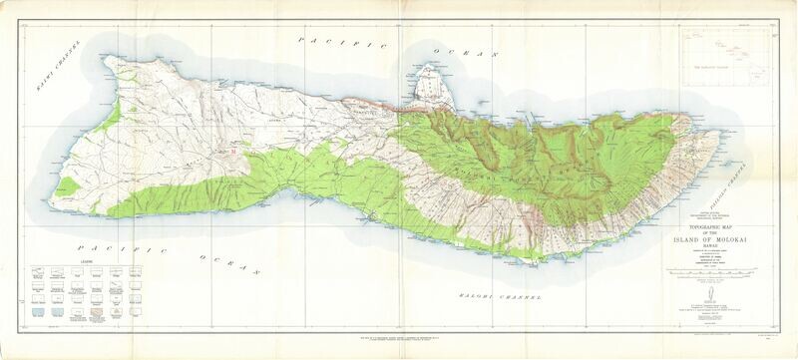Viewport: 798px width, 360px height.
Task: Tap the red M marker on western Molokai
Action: point(232,153)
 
